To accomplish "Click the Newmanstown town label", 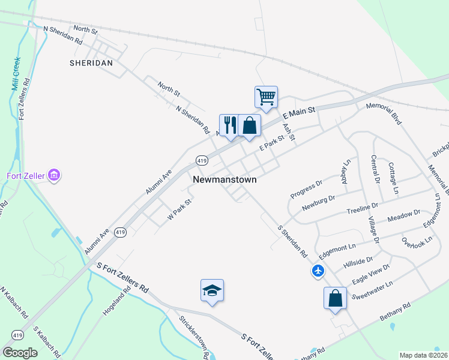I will (x=225, y=179).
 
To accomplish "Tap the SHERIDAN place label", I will (x=91, y=62).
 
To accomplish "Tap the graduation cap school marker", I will (x=212, y=290).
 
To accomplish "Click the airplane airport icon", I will (x=318, y=271).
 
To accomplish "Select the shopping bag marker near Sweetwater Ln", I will (x=335, y=298).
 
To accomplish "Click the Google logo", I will (x=20, y=353).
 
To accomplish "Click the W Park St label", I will (x=179, y=208).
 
